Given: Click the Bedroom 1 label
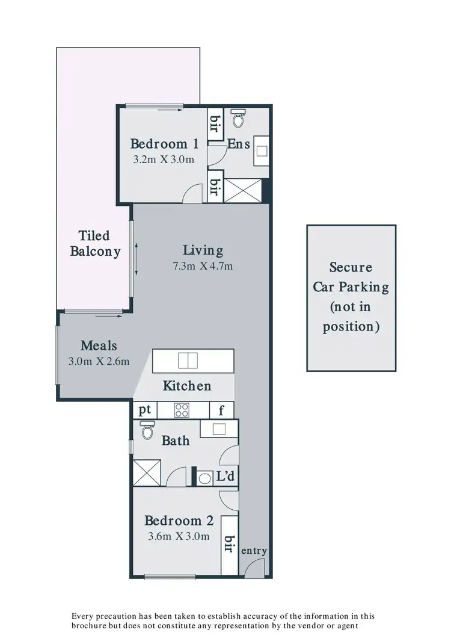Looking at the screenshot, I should coord(164,144).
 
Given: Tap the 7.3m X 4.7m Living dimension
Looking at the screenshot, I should coord(203,265).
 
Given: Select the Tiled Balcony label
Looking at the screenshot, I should coord(95,243).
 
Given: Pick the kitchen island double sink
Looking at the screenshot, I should coord(188,361).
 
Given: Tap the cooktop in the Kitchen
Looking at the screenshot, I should coord(182,410).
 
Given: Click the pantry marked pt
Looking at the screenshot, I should coord(144,410).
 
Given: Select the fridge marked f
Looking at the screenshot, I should coord(222,410).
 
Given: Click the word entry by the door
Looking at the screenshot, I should coord(253,551).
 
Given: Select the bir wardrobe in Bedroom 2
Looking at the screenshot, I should coord(229,544).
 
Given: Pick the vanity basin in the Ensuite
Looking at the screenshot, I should coord(262,150).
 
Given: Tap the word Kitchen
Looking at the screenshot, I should coord(187,386).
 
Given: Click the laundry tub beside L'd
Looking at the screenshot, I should coord(205,478).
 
